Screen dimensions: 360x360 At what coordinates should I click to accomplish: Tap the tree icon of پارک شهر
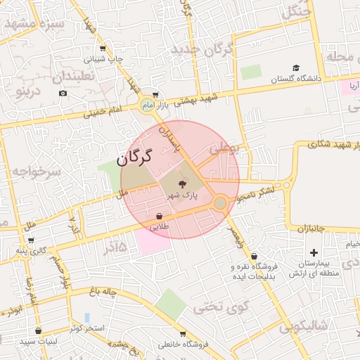[183, 184]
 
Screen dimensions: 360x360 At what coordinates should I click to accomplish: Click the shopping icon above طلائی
[160, 217]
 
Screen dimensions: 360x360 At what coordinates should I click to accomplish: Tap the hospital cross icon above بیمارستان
[314, 252]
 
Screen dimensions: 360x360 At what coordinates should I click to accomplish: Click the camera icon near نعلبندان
[63, 93]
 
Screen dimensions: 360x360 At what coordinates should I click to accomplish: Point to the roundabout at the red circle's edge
[220, 203]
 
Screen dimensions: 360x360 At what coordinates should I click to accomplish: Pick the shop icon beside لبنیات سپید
[38, 330]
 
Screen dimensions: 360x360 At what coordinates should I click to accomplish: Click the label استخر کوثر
[88, 328]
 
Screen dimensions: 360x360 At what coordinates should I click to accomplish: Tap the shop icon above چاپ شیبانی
[103, 49]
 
